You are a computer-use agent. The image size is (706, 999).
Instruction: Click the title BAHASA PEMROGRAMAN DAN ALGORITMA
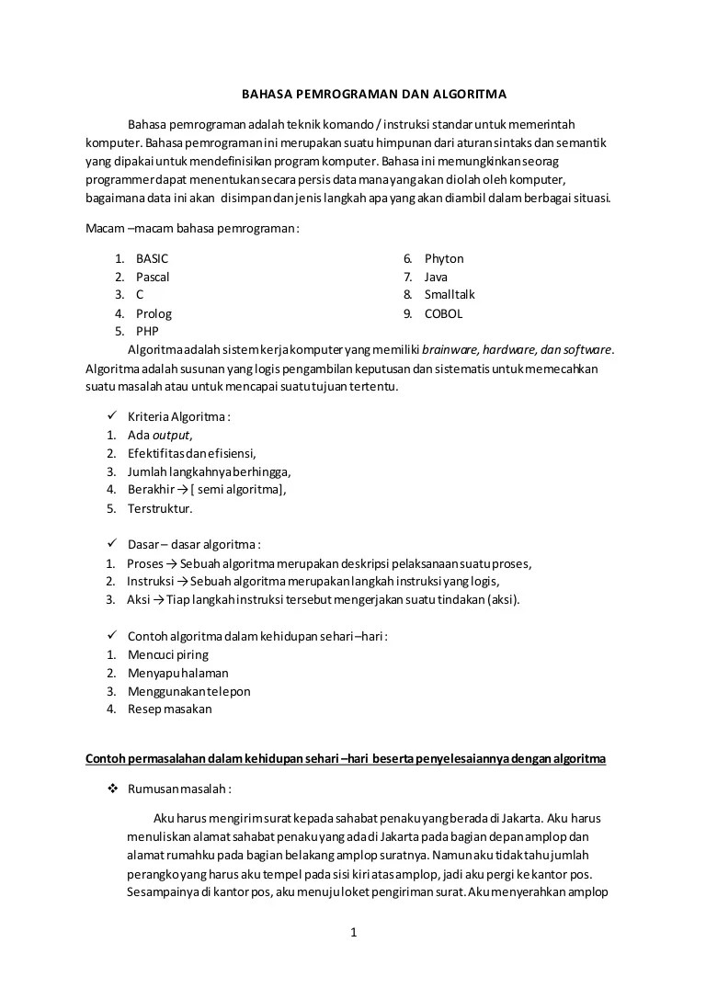[x=373, y=93]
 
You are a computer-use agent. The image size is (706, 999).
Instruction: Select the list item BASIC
[x=152, y=259]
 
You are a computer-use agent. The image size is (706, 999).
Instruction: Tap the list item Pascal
[x=153, y=277]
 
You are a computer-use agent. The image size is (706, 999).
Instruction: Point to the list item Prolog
[x=154, y=313]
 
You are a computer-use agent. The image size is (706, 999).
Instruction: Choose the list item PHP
[x=148, y=331]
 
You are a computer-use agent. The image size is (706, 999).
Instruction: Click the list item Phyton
[x=444, y=259]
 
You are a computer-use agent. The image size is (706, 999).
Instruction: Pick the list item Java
[x=436, y=277]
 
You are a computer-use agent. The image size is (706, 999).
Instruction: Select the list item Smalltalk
[x=450, y=295]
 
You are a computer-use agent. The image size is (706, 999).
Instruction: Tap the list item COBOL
[x=443, y=313]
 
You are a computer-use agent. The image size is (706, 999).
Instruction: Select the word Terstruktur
[x=160, y=508]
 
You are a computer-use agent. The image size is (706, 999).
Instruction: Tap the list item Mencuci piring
[x=168, y=654]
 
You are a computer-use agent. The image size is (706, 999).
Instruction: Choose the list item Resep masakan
[x=170, y=709]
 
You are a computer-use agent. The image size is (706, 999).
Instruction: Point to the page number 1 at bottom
[x=353, y=933]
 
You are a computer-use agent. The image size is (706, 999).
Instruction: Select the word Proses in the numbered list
[x=145, y=563]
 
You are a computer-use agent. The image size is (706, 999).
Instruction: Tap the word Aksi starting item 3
[x=140, y=600]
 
